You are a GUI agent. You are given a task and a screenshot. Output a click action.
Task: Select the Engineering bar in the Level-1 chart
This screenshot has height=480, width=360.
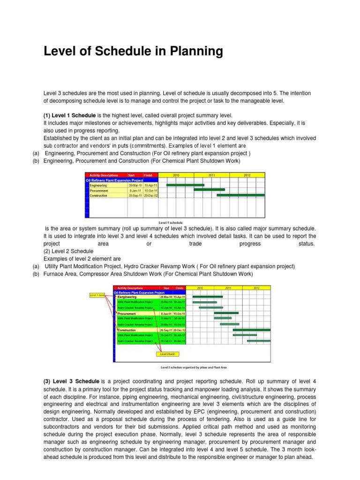[185, 185]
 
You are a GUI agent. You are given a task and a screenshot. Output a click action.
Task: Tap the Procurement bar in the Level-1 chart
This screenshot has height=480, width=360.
[209, 190]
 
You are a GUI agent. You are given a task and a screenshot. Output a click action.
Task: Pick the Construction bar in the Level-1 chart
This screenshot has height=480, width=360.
[240, 195]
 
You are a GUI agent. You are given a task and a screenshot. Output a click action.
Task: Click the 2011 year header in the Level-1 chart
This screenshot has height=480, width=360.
[211, 175]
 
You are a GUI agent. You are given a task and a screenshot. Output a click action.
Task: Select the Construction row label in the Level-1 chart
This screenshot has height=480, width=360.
[99, 195]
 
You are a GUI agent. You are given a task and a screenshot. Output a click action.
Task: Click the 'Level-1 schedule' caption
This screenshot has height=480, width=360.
[171, 222]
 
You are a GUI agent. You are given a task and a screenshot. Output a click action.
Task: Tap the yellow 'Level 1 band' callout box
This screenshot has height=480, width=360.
[97, 295]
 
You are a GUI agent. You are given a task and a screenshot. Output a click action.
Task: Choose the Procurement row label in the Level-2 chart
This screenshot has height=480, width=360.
[127, 313]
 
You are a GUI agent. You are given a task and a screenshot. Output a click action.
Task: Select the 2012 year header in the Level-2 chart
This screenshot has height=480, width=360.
[256, 288]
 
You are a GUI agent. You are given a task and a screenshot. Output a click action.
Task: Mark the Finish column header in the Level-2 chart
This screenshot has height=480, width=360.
[180, 288]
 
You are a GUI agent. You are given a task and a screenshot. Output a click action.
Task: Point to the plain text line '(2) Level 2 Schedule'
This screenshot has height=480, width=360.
[69, 251]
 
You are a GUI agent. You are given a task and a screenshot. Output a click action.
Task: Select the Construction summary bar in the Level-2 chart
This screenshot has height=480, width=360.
[252, 330]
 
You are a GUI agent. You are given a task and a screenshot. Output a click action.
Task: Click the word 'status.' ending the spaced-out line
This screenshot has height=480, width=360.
[307, 244]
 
